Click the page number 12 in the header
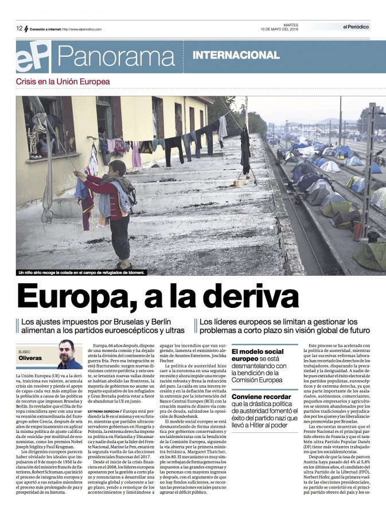click(19, 28)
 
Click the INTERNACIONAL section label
click(236, 56)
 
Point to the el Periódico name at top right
click(356, 26)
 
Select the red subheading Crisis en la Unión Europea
click(63, 82)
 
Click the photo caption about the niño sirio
click(82, 272)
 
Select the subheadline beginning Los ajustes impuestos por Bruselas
click(103, 326)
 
